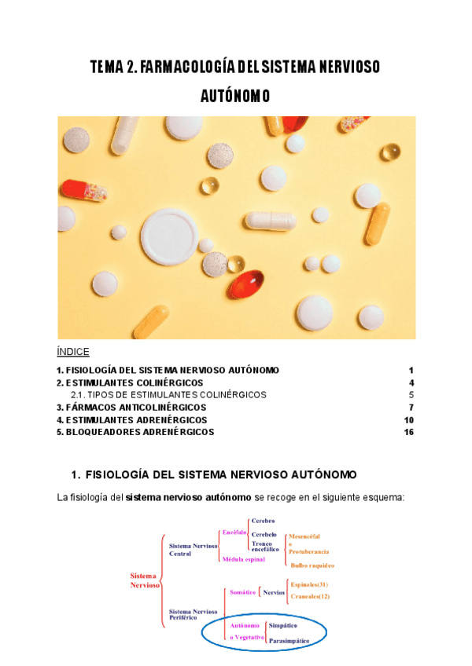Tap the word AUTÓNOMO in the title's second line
pos(236,96)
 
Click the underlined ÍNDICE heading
pos(73,351)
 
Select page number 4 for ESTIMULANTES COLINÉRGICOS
pos(411,382)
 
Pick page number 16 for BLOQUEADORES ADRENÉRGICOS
pos(408,432)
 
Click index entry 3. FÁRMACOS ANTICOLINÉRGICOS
pos(131,408)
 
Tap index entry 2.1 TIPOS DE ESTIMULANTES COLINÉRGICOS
pos(168,395)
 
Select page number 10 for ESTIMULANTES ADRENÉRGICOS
pos(408,420)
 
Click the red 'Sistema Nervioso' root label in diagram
pos(146,580)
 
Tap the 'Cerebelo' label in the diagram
pos(264,534)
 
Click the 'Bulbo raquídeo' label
pos(312,565)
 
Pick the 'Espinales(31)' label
pos(309,584)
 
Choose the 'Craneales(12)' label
pos(310,596)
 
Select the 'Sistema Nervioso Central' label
pos(191,549)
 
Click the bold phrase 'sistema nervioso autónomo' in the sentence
pos(189,497)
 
